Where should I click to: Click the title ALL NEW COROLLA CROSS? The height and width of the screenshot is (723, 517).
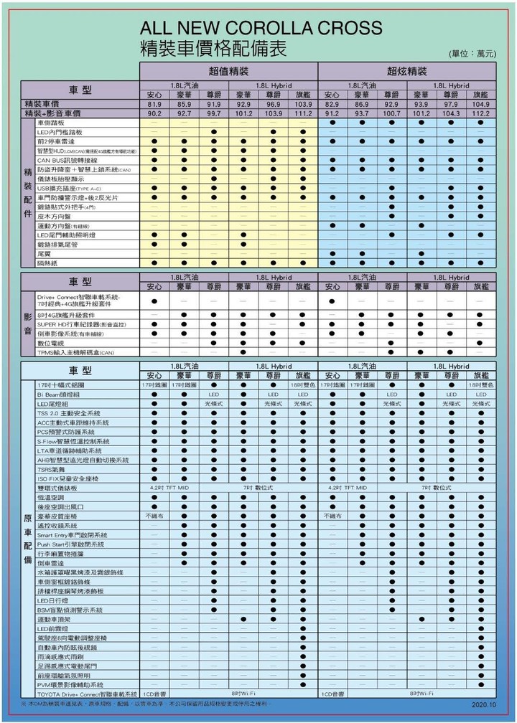(x=261, y=29)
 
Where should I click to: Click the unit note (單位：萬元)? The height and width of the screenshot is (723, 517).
(x=471, y=54)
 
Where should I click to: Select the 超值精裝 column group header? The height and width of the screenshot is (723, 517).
(x=229, y=72)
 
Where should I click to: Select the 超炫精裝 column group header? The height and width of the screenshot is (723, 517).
(x=406, y=72)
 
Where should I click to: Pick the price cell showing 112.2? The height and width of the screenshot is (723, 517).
(x=480, y=113)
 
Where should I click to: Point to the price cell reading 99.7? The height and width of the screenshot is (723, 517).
(x=214, y=113)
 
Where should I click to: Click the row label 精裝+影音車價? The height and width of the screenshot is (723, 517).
(x=52, y=113)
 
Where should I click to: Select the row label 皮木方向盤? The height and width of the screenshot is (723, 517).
(x=54, y=216)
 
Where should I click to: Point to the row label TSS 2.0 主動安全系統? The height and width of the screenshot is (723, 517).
(x=69, y=413)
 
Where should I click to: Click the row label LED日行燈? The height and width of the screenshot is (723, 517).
(x=52, y=600)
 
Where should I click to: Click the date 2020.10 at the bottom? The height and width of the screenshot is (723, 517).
(x=484, y=704)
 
